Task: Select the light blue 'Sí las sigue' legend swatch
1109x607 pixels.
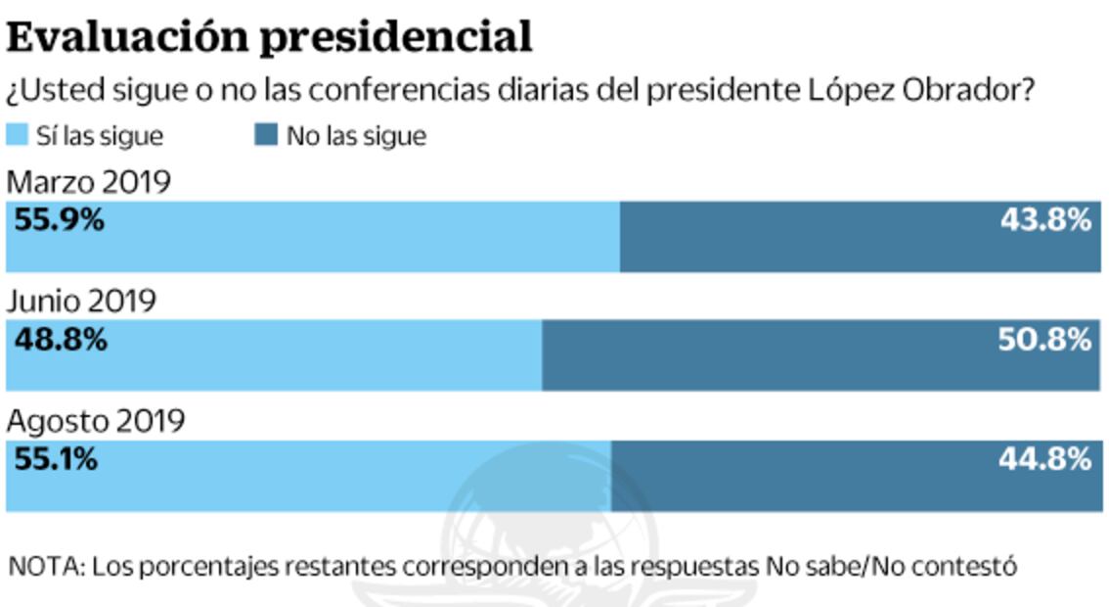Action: point(17,135)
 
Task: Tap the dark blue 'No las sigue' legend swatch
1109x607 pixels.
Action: point(265,135)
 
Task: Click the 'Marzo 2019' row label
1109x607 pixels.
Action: point(89,182)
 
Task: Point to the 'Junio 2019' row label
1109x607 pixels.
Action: point(82,301)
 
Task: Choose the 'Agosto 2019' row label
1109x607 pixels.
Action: point(96,421)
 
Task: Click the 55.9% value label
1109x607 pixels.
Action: point(60,220)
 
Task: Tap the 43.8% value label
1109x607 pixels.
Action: point(1044,220)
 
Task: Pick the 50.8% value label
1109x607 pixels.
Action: point(1044,340)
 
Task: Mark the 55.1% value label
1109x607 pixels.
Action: point(57,459)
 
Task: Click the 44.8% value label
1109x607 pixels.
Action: point(1044,459)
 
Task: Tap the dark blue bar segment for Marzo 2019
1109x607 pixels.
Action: point(831,250)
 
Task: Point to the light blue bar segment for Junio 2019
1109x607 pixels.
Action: point(293,367)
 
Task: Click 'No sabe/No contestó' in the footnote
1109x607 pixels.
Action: point(892,566)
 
